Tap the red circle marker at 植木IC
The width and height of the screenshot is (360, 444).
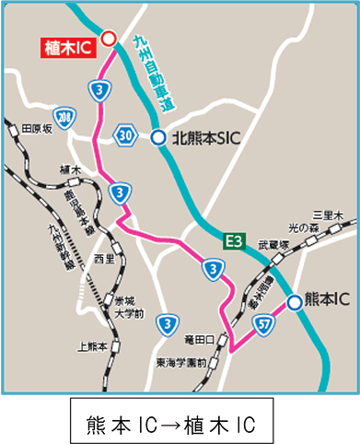point(108,38)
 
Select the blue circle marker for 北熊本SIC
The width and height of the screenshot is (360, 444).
point(158,137)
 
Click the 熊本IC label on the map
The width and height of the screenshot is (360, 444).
point(326,301)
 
